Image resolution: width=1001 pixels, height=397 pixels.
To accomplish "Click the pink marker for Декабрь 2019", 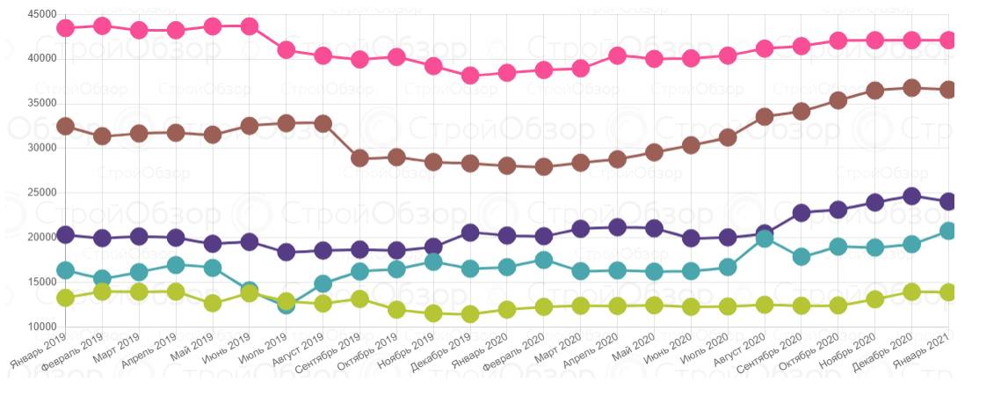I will tap(470, 76).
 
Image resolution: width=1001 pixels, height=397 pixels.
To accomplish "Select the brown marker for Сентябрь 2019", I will tap(359, 158).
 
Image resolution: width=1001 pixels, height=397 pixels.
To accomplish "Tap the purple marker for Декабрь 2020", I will tap(912, 196).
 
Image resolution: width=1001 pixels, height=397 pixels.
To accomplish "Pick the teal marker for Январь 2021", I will tap(948, 231).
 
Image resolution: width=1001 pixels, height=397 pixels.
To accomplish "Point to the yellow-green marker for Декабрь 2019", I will tap(470, 314).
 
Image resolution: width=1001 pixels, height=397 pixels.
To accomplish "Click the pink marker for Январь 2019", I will tap(65, 28).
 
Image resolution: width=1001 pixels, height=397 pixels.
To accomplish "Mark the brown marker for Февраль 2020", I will tap(544, 166).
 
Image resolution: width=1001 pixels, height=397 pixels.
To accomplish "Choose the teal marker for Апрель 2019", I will tap(176, 265).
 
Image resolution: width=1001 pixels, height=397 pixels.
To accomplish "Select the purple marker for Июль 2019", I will tap(286, 253).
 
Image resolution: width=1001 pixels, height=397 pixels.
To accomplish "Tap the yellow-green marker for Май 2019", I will tap(212, 304).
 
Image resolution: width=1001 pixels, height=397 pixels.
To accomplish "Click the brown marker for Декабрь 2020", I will tap(912, 88).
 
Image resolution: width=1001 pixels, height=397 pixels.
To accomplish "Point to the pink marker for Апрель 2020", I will tap(617, 55).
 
